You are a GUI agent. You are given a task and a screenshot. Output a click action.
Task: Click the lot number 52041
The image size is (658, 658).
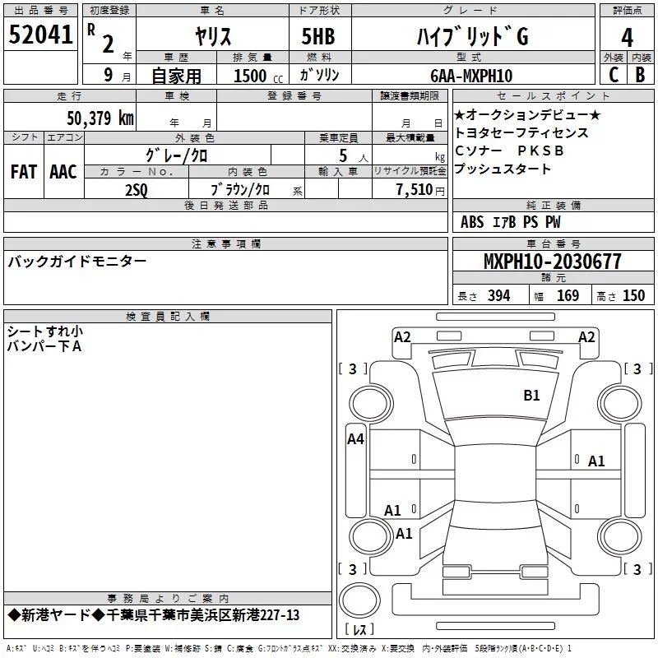pyautogui.click(x=40, y=35)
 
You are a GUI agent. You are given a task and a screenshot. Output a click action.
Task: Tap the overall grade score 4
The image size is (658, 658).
pyautogui.click(x=627, y=38)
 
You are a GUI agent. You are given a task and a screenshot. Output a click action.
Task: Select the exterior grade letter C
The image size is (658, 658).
pyautogui.click(x=613, y=75)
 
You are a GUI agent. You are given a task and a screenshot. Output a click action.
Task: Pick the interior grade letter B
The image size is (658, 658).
pyautogui.click(x=640, y=75)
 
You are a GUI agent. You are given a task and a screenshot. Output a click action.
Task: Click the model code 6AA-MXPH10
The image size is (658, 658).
pyautogui.click(x=470, y=76)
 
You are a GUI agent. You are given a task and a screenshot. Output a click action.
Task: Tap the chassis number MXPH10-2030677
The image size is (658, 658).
pyautogui.click(x=552, y=262)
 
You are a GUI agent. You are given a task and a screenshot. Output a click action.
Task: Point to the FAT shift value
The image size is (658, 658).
pyautogui.click(x=24, y=172)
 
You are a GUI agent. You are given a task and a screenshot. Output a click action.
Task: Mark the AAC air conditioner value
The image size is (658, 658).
pyautogui.click(x=63, y=172)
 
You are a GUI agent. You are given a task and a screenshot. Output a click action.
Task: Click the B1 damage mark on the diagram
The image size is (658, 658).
pyautogui.click(x=532, y=396)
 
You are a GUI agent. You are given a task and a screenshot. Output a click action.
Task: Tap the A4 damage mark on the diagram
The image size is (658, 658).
pyautogui.click(x=355, y=439)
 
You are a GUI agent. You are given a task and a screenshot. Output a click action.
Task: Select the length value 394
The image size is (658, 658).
pyautogui.click(x=498, y=296)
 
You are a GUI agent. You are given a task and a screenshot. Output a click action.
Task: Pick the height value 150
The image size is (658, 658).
pyautogui.click(x=633, y=296)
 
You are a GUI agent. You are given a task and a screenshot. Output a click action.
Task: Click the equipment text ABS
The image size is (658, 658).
pyautogui.click(x=472, y=222)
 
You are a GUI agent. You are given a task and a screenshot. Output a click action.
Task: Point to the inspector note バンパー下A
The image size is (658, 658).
pyautogui.click(x=44, y=346)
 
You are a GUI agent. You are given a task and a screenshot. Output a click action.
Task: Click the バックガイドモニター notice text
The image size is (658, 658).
pyautogui.click(x=77, y=262)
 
